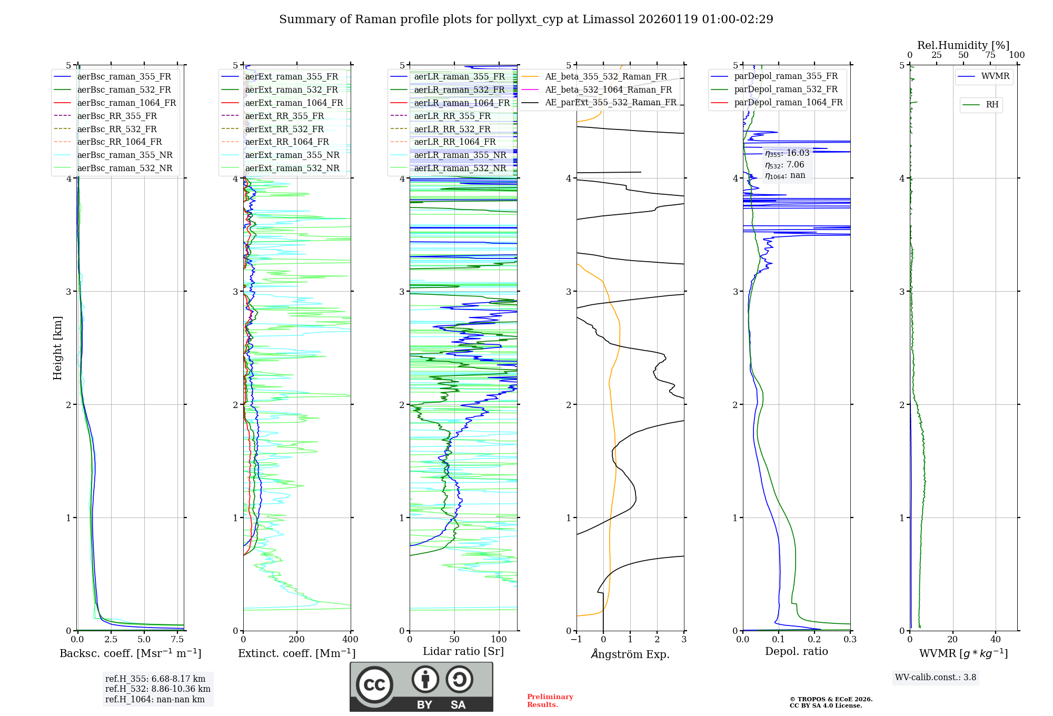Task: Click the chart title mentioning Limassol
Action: (526, 19)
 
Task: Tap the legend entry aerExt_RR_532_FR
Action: (284, 129)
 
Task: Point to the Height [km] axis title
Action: (57, 347)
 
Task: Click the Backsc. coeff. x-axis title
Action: (130, 653)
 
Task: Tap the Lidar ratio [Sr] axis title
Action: (463, 651)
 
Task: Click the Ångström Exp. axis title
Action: (630, 654)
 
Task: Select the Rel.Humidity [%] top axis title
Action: (963, 45)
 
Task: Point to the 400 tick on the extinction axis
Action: (350, 640)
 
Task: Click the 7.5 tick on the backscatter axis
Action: (177, 640)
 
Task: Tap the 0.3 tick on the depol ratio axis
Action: (850, 640)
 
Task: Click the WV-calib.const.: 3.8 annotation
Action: (935, 678)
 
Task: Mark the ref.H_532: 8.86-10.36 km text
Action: (157, 689)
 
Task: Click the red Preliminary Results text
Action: (550, 701)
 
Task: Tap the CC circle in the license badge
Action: (374, 685)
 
